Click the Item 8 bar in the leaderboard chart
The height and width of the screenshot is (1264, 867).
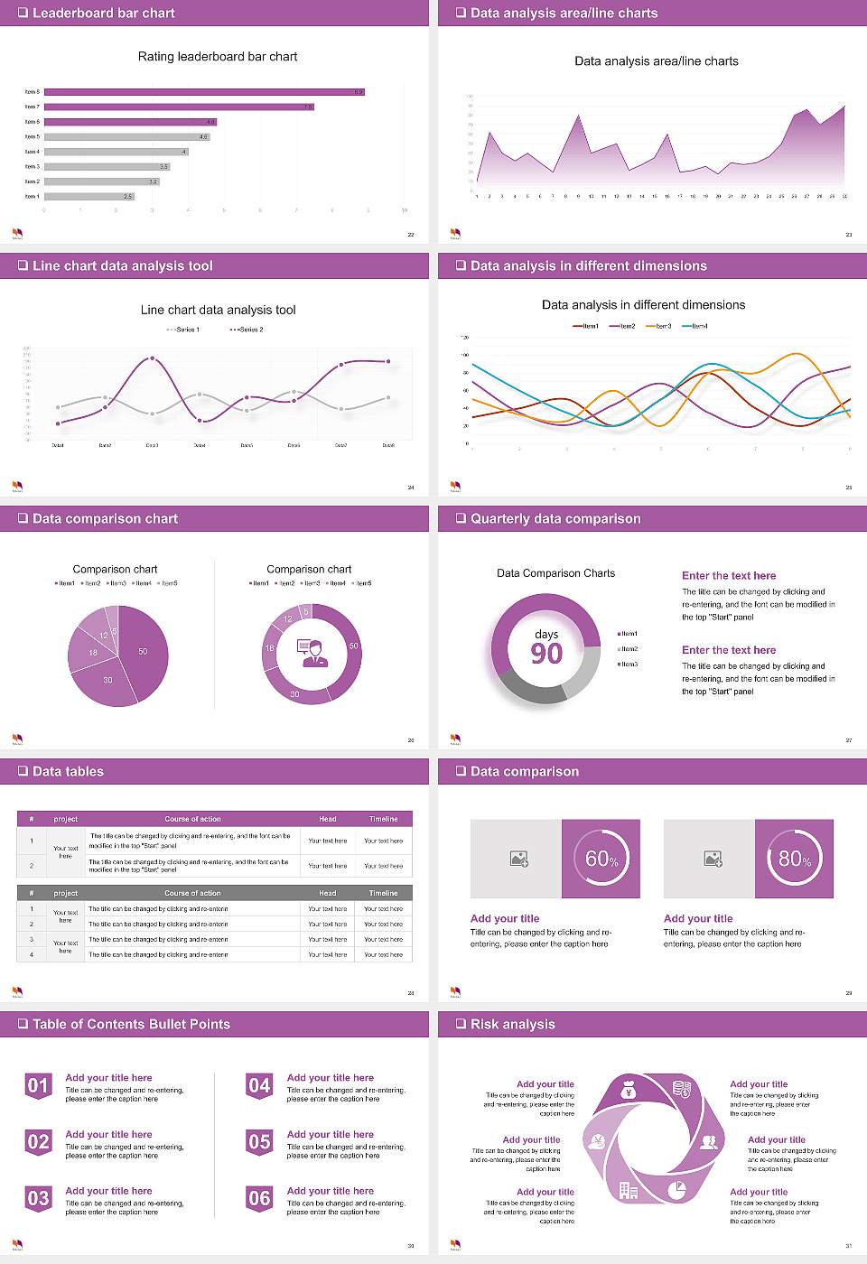coord(203,92)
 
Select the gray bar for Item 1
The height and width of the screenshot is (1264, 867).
coord(89,196)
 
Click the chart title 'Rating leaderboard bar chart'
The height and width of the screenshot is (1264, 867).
coord(217,56)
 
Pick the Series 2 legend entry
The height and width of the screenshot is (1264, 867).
coord(247,330)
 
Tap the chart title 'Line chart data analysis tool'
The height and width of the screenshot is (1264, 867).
coord(218,310)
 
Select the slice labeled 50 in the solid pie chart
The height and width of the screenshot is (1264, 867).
coord(142,651)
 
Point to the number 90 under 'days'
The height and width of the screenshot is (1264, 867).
coord(546,654)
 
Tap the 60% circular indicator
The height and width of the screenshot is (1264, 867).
coord(601,859)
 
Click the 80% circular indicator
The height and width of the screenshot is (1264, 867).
coord(795,859)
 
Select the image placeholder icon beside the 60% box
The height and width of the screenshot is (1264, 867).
coord(518,859)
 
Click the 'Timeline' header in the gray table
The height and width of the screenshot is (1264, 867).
coord(383,893)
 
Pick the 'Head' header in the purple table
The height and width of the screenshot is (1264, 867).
coord(327,819)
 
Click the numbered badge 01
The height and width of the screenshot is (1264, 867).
coord(38,1086)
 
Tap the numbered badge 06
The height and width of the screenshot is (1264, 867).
coord(259,1199)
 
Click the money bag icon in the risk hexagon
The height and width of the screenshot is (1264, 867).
coord(629,1092)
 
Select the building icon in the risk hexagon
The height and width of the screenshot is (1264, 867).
coord(629,1190)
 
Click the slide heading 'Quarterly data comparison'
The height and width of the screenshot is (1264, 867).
coord(555,518)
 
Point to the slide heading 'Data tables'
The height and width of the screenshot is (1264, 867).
coord(68,771)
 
